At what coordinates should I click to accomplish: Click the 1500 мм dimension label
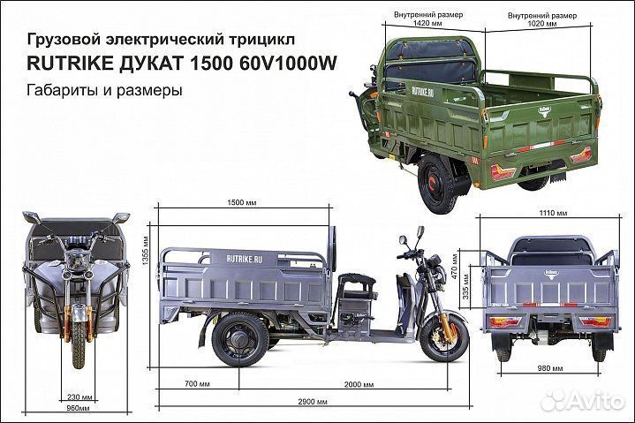[234, 202]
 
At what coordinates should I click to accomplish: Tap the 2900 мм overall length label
[306, 402]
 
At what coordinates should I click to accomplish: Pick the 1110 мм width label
[556, 213]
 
